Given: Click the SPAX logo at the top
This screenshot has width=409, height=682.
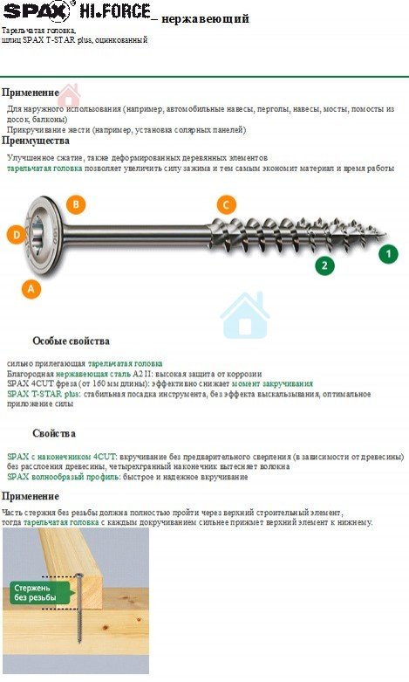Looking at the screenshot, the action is point(36,10).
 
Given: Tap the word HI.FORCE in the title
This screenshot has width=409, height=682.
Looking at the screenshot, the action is point(115,10).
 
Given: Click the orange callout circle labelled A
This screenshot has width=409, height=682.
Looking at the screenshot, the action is point(31,288).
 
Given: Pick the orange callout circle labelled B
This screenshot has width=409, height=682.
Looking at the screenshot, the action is point(76,204).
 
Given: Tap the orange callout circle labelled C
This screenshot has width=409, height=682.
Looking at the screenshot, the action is point(226,204).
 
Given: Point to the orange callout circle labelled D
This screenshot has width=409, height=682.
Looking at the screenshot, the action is point(17,235).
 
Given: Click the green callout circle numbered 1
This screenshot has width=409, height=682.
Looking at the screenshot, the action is point(388,254).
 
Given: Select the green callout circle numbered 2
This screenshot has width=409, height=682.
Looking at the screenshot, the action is point(324,265).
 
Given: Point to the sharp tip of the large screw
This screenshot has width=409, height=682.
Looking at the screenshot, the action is point(385,236).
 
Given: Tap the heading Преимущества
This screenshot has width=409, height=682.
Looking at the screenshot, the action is point(36,141).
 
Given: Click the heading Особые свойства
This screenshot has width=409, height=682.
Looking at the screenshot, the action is point(71,341).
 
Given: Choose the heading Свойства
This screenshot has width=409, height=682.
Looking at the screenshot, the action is point(54,434).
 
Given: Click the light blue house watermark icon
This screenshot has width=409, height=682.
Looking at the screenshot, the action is point(245,315).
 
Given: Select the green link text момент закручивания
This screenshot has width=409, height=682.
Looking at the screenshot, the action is point(272,384).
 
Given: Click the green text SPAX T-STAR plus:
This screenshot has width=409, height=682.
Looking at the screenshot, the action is point(44,394).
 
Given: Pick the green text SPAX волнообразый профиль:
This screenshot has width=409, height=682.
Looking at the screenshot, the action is point(64,477).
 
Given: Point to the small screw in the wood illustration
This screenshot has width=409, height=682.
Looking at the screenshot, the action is point(79,608).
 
